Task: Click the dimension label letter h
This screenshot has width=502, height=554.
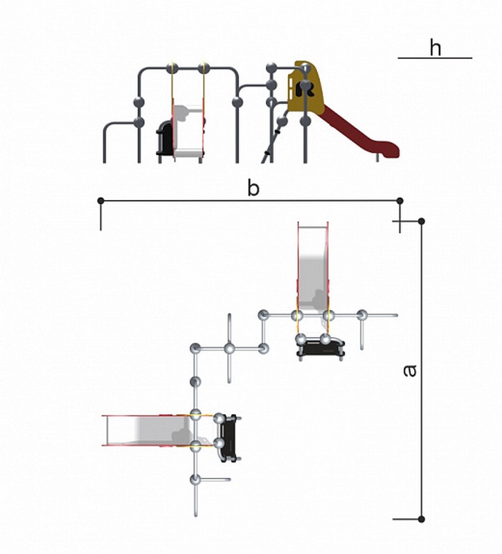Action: [436, 48]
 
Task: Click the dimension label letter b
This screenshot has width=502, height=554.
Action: [253, 188]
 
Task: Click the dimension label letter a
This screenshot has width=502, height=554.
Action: [410, 370]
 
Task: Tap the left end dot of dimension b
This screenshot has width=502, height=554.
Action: [100, 201]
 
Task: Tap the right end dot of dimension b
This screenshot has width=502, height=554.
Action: [400, 201]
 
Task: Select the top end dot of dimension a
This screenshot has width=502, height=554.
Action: [421, 221]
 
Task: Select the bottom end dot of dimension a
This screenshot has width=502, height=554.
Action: [421, 519]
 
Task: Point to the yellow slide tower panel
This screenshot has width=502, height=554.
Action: [306, 87]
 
